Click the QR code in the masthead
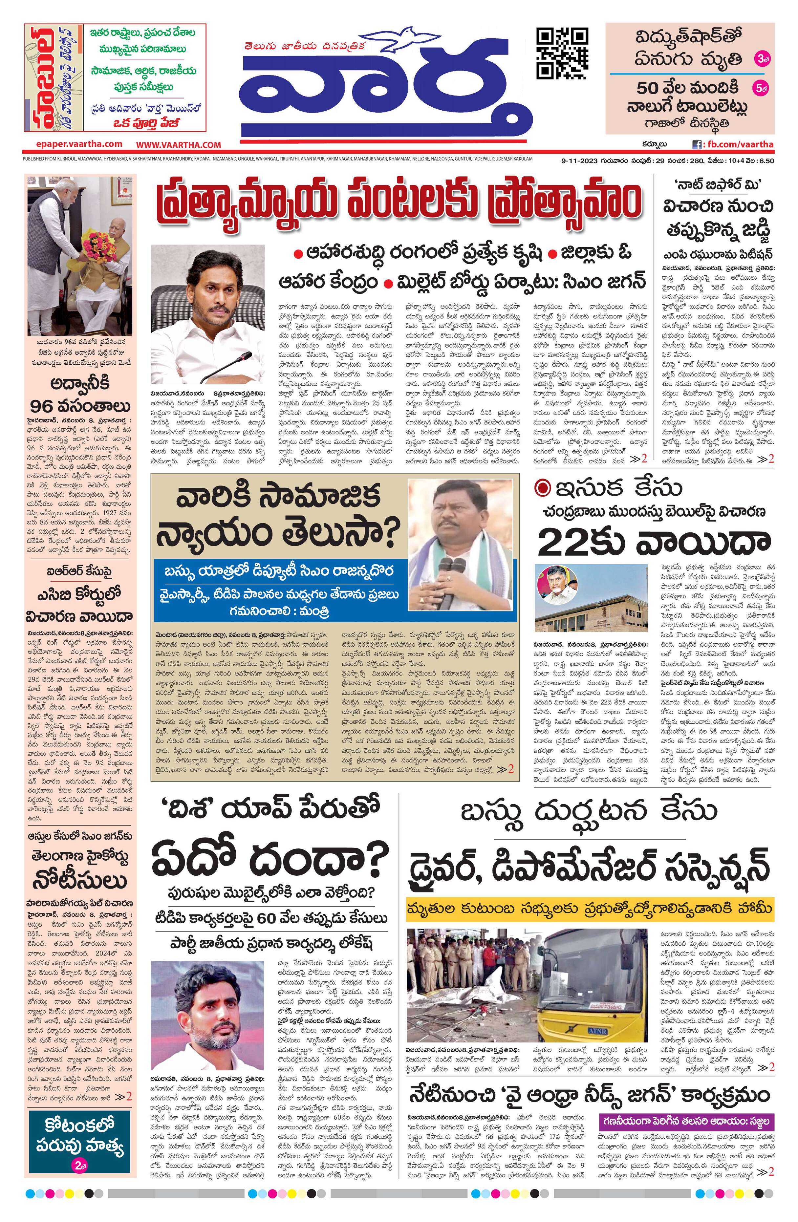(562, 54)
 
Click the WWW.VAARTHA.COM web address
(178, 145)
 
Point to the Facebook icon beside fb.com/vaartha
(697, 145)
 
